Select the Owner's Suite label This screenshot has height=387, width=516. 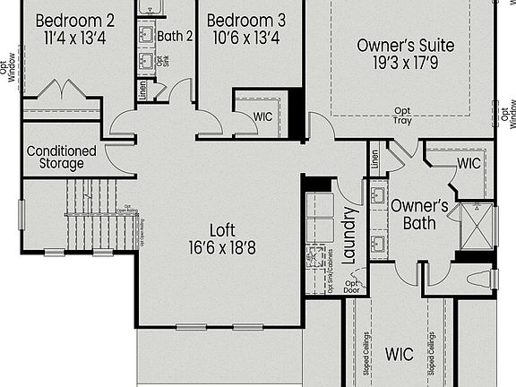[405, 46]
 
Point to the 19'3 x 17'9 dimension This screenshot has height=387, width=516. [405, 64]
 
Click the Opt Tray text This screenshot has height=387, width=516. [402, 116]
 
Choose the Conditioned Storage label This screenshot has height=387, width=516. [62, 157]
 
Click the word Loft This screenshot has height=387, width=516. [222, 228]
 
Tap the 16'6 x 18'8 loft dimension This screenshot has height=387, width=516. [222, 247]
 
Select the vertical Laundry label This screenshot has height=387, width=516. [350, 235]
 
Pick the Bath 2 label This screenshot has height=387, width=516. [176, 37]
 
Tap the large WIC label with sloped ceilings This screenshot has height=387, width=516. [400, 355]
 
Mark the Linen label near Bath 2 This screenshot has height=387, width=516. [142, 90]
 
